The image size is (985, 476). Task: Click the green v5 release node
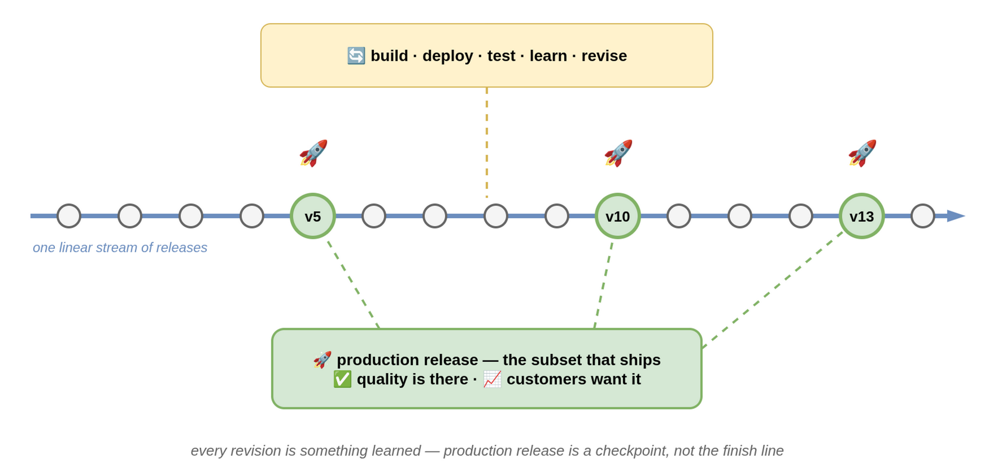click(x=313, y=216)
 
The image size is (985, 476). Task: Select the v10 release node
click(x=618, y=216)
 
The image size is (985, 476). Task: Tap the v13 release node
click(x=862, y=216)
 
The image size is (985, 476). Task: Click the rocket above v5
click(x=313, y=153)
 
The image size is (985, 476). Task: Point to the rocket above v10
click(x=618, y=153)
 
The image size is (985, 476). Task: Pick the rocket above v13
click(x=862, y=153)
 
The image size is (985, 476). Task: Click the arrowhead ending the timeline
click(x=956, y=216)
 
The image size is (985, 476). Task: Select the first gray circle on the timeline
click(x=69, y=216)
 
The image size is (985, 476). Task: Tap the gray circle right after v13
click(x=923, y=216)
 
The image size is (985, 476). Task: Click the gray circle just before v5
click(x=252, y=216)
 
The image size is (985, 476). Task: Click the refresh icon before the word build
click(x=356, y=55)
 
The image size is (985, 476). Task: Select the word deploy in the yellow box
click(x=448, y=56)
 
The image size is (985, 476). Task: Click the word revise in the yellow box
click(x=604, y=56)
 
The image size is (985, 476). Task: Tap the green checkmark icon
click(x=342, y=379)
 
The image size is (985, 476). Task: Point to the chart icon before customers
click(x=492, y=379)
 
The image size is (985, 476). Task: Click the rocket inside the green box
click(x=322, y=360)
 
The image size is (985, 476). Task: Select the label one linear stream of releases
click(x=120, y=248)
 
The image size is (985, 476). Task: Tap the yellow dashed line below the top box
click(x=487, y=142)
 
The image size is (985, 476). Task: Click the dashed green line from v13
click(x=773, y=290)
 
